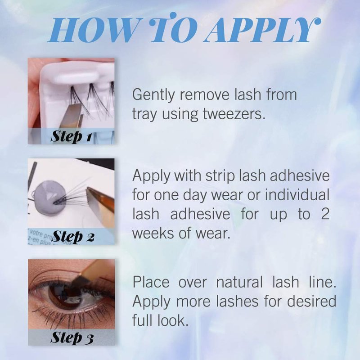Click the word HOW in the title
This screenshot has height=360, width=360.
tap(92, 30)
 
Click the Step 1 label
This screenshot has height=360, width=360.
tap(71, 137)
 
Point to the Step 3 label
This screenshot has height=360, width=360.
tap(72, 338)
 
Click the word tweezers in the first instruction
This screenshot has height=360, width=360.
tap(234, 114)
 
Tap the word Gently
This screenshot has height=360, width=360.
tap(153, 95)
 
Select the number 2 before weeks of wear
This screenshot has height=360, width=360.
tap(324, 214)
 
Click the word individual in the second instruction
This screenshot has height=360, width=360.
tap(297, 195)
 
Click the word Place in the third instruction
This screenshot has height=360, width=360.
tap(151, 282)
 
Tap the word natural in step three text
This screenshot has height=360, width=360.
tap(239, 282)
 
